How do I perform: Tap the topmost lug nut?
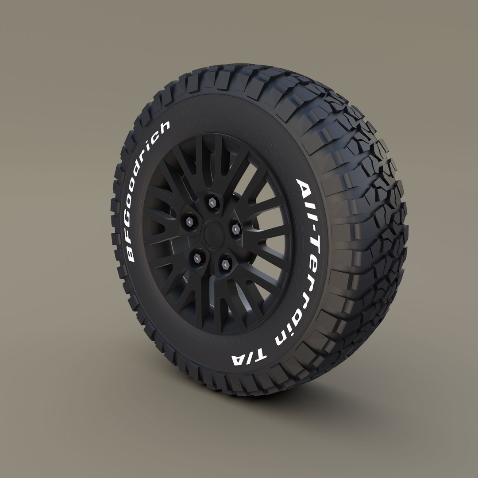pos(212,203)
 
